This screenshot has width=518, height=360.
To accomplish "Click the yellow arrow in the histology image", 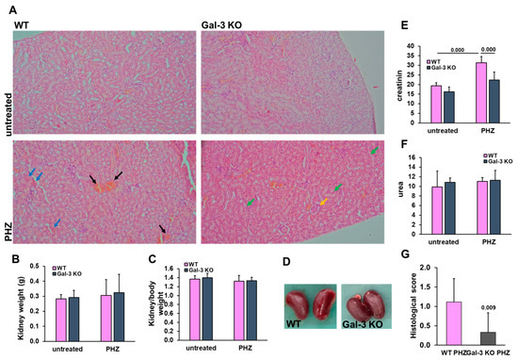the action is click(323, 202).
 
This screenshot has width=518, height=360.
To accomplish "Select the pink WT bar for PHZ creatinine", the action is click(481, 93).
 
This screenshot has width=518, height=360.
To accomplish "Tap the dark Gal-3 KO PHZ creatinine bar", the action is click(494, 102).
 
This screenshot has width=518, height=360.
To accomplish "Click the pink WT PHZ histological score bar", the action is click(453, 323).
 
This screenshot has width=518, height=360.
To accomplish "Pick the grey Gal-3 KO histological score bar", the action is click(489, 338).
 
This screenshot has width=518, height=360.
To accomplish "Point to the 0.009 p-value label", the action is click(488, 308).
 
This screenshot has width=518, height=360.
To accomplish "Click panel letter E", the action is click(405, 25).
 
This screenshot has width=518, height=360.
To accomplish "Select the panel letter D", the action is click(286, 261).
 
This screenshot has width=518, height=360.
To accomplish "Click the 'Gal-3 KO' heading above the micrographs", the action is click(221, 25).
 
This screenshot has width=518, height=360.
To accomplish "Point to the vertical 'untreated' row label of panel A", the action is click(8, 114).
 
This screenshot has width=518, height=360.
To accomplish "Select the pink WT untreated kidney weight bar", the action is click(61, 320).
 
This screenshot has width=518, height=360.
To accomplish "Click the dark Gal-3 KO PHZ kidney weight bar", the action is click(119, 317).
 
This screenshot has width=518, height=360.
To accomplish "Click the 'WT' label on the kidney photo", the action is click(293, 323).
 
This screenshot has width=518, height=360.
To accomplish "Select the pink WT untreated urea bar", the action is click(437, 210).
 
